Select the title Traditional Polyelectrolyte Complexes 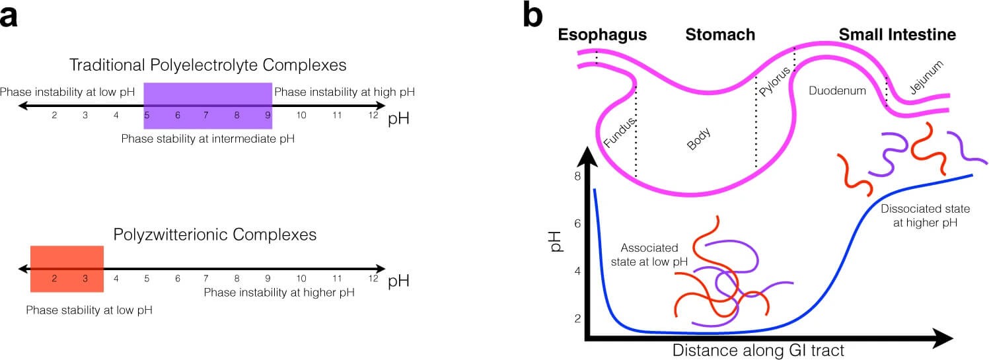(208, 65)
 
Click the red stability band (67, 268)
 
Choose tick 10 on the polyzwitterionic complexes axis (301, 279)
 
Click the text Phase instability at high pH (344, 92)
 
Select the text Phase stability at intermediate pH (207, 139)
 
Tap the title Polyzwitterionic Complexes (215, 234)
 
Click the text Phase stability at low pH (89, 309)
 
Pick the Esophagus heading (602, 35)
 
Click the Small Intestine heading (897, 35)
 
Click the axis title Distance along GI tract (758, 350)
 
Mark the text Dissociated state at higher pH (925, 216)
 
